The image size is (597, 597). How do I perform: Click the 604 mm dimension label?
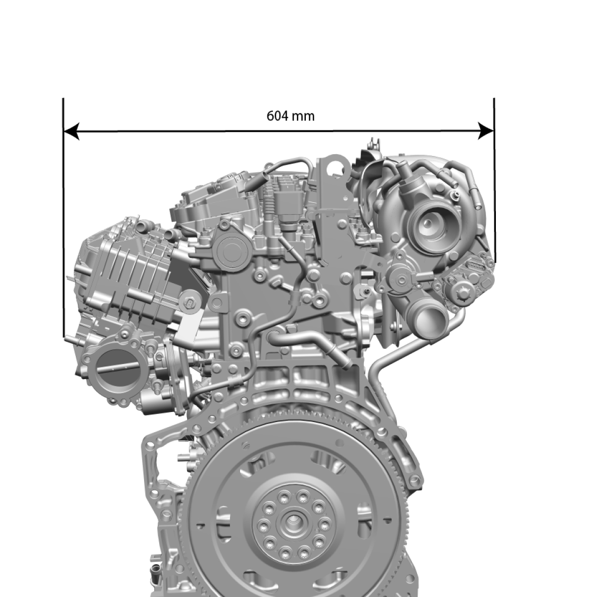click(291, 116)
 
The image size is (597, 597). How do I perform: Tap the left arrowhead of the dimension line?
click(71, 131)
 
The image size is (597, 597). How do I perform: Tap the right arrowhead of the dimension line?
click(486, 131)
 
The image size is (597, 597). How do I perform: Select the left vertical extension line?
click(64, 217)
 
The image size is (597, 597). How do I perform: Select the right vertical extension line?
click(494, 180)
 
